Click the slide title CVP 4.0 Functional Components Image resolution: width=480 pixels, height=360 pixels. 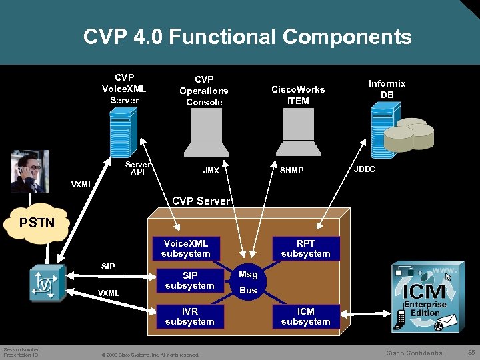(x=247, y=37)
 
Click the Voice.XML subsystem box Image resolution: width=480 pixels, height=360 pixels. (x=185, y=249)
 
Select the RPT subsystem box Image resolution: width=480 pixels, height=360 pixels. (x=305, y=249)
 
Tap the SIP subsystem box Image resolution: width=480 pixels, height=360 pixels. (x=189, y=281)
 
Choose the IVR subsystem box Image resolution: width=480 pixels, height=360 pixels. (x=189, y=317)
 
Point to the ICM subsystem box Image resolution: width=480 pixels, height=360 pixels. (x=305, y=317)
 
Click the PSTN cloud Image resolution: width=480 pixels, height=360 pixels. (x=37, y=223)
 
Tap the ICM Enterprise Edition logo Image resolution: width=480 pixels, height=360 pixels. (x=425, y=297)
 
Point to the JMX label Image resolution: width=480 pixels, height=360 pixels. (x=211, y=171)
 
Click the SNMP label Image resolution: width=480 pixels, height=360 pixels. (x=291, y=171)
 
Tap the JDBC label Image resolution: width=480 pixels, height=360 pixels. (x=364, y=169)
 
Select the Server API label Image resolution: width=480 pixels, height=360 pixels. (x=138, y=168)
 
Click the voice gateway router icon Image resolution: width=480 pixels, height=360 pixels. (x=46, y=284)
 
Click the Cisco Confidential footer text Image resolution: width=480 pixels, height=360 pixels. (x=415, y=353)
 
